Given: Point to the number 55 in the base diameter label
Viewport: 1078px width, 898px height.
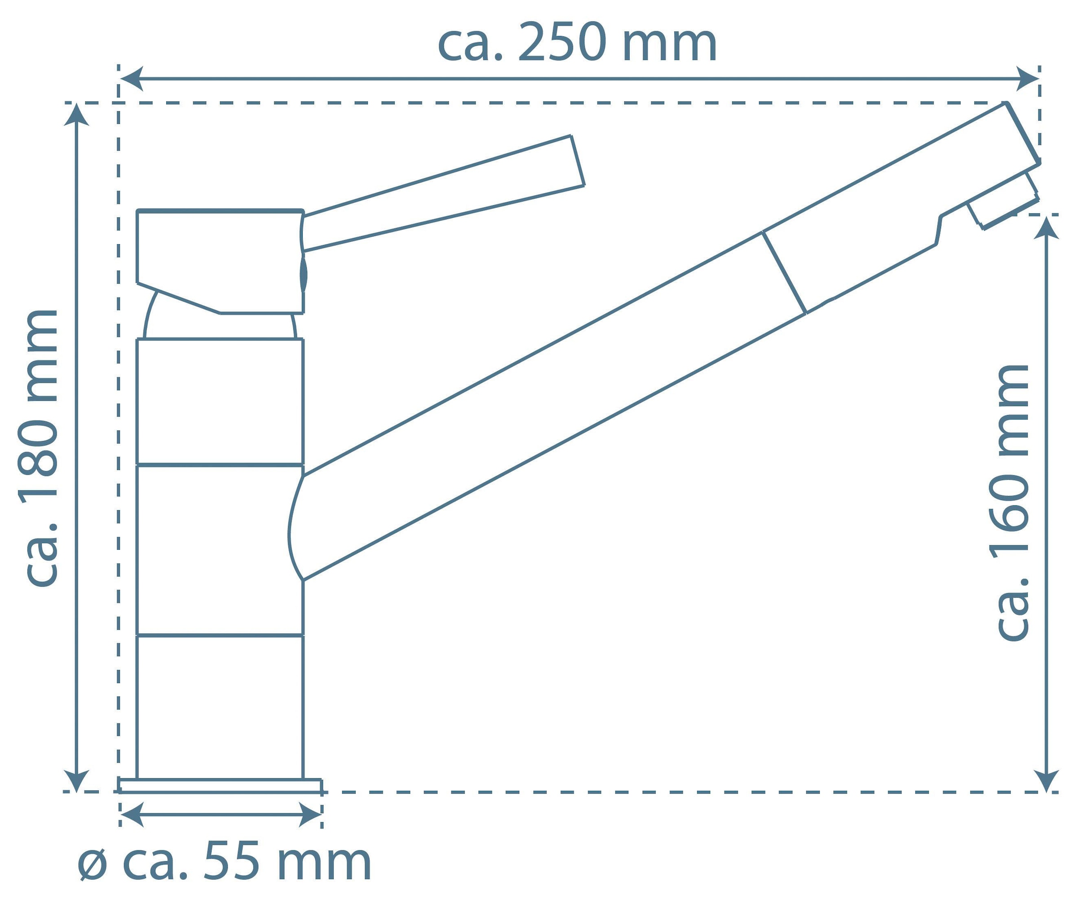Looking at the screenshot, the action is [231, 862].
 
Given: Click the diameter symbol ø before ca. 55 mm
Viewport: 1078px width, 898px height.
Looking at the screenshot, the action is [93, 864].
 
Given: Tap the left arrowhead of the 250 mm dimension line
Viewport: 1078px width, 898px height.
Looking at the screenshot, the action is [131, 79].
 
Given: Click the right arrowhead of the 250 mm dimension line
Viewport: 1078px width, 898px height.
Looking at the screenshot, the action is [1028, 79].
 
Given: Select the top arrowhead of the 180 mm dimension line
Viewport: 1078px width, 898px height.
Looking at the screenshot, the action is [76, 114].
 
